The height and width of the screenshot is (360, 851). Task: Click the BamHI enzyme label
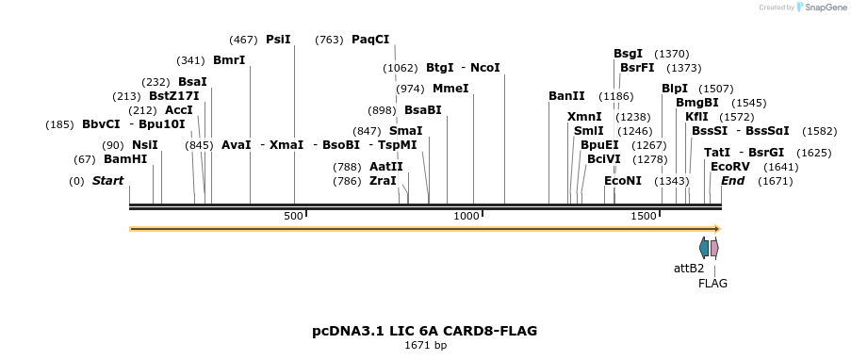[x=125, y=159]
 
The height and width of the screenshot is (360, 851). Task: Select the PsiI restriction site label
[x=278, y=40]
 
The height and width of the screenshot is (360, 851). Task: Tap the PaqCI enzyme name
[x=370, y=40]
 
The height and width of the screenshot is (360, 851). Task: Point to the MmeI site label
[x=450, y=89]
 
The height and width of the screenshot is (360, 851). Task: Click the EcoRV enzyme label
[x=729, y=166]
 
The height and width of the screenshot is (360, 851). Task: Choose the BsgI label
[x=628, y=54]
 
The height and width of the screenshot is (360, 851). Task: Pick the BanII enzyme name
[x=566, y=96]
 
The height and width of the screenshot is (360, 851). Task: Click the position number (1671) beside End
[x=776, y=181]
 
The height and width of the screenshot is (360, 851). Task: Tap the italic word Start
[x=107, y=181]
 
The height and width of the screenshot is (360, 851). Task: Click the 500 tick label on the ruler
[x=293, y=216]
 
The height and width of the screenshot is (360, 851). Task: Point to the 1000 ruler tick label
[x=466, y=216]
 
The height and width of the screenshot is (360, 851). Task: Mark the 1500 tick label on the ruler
[x=643, y=216]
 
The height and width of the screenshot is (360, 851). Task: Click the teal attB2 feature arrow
[x=704, y=248]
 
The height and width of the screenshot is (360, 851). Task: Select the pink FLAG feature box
[x=714, y=248]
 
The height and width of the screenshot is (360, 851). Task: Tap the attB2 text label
[x=689, y=268]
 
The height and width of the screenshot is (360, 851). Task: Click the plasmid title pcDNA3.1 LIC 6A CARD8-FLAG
[x=425, y=331]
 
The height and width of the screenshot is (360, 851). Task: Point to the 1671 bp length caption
[x=425, y=346]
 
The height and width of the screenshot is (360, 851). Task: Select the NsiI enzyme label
[x=144, y=145]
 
